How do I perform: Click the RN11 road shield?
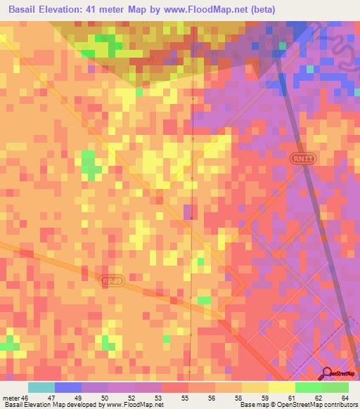tap(300, 160)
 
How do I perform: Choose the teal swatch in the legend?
tap(41, 387)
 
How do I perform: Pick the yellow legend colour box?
tap(281, 387)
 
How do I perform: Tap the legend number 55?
tap(184, 397)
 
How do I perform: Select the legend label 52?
tap(130, 397)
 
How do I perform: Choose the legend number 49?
tap(77, 397)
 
